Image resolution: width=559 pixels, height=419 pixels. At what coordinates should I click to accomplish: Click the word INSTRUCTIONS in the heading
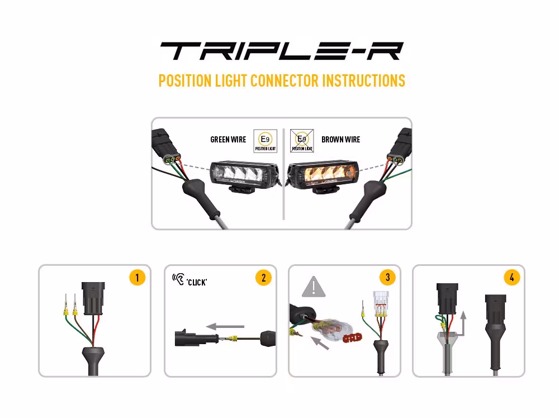(364, 80)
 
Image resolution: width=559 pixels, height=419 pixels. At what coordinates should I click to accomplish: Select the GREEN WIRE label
(228, 139)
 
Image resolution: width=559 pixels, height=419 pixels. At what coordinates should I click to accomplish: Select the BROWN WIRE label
(340, 139)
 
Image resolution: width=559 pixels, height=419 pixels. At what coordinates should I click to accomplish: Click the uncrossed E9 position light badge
(265, 141)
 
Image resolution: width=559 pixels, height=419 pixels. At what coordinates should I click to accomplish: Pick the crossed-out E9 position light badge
(302, 141)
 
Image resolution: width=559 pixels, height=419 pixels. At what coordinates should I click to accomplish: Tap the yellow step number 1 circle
(137, 278)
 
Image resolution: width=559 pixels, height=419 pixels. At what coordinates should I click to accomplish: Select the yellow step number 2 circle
(263, 278)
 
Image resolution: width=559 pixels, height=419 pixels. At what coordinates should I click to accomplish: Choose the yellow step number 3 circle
(387, 278)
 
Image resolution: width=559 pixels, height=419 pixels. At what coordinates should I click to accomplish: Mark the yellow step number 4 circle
(511, 278)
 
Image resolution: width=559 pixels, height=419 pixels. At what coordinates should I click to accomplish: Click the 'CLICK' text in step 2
(197, 283)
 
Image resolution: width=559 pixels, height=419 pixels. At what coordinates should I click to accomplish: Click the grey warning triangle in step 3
(314, 288)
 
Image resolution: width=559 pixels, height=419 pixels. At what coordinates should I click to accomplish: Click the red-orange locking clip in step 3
(351, 337)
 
